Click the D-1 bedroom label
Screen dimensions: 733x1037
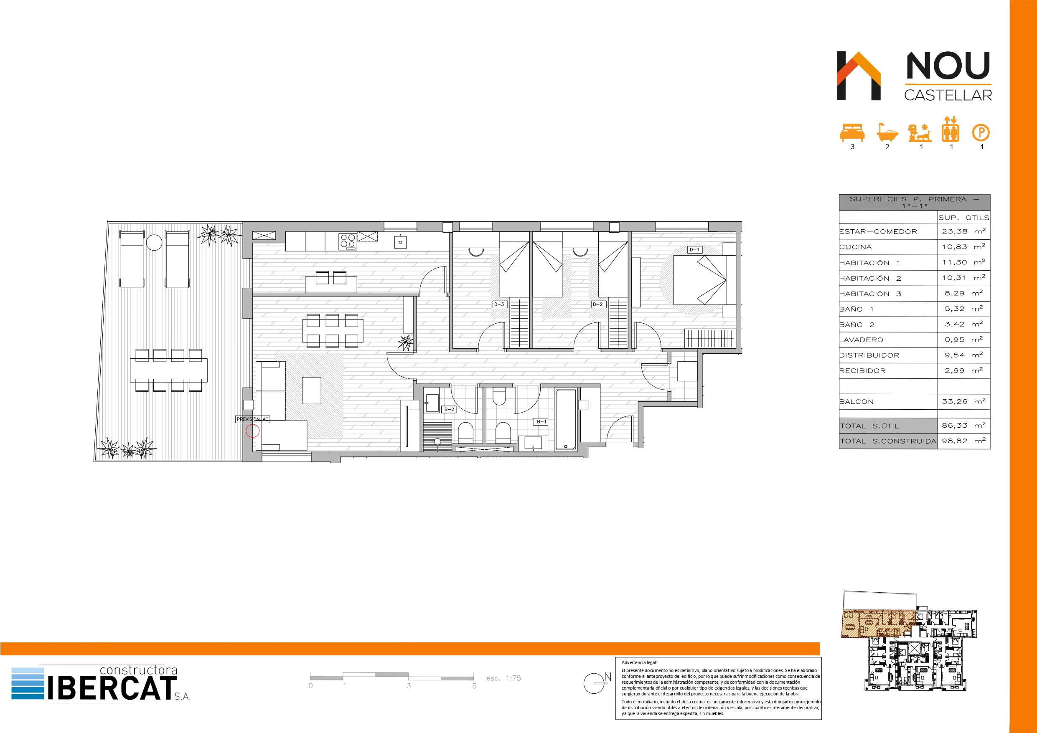click(694, 250)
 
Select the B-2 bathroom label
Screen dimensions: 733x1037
click(449, 409)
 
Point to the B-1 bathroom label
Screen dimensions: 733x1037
click(541, 421)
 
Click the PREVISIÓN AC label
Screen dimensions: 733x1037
click(252, 419)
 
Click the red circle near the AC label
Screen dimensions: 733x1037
click(252, 431)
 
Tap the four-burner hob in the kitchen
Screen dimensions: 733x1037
click(348, 241)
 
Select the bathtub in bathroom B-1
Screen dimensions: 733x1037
click(565, 420)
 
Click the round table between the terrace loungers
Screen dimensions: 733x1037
click(154, 243)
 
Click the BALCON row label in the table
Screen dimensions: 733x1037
click(857, 401)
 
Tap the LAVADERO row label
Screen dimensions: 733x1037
click(861, 340)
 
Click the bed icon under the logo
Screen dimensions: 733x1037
click(852, 133)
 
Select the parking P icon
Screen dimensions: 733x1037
click(981, 133)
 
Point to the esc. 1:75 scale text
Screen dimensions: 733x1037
click(503, 678)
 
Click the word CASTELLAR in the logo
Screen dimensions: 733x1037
click(948, 95)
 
